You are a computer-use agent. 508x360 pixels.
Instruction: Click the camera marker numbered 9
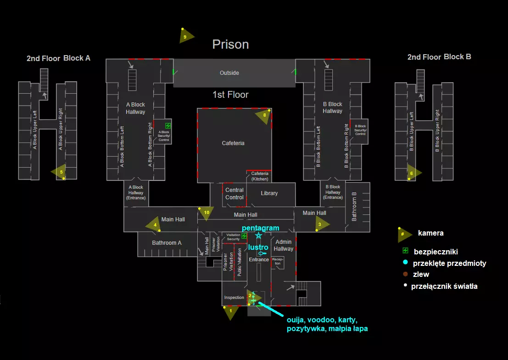186,36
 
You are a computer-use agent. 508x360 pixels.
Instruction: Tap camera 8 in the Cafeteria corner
264,116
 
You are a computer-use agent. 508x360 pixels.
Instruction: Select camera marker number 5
60,172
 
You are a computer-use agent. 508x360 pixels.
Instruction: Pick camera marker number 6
413,173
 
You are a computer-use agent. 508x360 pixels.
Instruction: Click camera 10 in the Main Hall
206,213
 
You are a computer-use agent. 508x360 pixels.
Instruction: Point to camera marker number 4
154,225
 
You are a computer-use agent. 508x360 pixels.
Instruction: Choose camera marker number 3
321,224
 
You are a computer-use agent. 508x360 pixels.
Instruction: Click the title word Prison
230,45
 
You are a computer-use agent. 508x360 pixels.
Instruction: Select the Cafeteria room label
233,143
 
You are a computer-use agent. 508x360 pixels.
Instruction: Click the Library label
269,193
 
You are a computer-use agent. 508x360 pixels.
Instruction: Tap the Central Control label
234,194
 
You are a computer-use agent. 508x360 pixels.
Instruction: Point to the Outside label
229,73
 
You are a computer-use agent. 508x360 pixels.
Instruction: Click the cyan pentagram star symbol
258,236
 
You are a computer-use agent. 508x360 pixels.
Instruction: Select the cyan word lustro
258,247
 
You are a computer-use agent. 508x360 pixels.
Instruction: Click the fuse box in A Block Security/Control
168,125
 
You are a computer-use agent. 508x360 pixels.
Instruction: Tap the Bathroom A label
167,243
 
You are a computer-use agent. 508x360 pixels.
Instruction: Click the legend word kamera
430,233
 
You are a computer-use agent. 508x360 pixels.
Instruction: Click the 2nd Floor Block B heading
439,57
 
